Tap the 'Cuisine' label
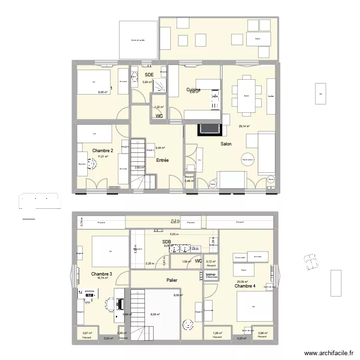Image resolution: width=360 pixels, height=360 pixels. [x=193, y=90]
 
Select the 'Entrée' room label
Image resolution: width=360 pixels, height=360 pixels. [x=162, y=160]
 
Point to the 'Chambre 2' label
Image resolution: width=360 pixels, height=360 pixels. [x=103, y=151]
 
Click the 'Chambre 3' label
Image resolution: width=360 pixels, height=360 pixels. [x=101, y=274]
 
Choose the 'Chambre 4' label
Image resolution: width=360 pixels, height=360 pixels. [x=245, y=286]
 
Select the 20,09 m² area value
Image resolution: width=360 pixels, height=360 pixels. [x=241, y=282]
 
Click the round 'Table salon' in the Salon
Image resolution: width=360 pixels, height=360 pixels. [x=248, y=160]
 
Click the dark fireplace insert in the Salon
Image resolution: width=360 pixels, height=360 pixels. [x=208, y=129]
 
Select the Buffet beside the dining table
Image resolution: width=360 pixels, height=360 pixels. [x=271, y=96]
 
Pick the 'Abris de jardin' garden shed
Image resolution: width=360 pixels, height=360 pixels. [x=138, y=40]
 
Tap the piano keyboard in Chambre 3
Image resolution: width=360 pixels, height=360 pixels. [x=119, y=303]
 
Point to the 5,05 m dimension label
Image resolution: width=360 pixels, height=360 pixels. [x=174, y=234]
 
